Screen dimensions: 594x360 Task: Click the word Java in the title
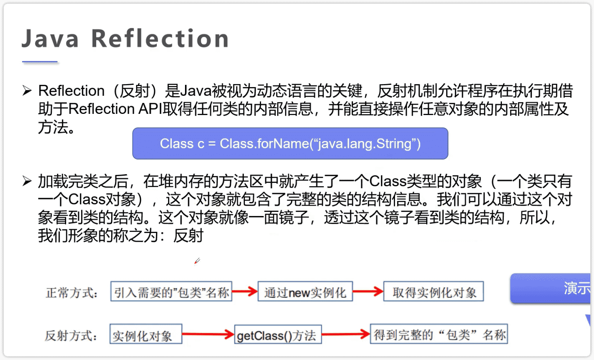pos(50,39)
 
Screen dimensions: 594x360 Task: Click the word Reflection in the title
pos(160,39)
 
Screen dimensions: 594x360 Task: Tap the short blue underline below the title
pos(40,62)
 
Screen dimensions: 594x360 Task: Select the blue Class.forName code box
pos(290,144)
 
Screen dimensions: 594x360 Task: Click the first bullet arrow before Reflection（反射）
pos(27,90)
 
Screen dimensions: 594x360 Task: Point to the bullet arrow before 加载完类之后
pos(27,181)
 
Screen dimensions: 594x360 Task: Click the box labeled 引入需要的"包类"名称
pos(171,292)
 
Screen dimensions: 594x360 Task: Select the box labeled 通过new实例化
pos(305,292)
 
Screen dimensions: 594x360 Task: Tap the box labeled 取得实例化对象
pos(434,292)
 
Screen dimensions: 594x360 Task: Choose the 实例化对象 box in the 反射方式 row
pos(146,334)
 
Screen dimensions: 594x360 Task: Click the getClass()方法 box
pos(278,334)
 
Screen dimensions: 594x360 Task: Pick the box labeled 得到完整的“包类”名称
pos(439,334)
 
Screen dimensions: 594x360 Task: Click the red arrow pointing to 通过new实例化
pos(245,292)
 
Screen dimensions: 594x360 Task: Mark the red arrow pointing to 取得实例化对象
pos(368,292)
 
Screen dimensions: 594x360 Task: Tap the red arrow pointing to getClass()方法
pos(208,334)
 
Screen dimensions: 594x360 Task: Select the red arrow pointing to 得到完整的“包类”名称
pos(346,334)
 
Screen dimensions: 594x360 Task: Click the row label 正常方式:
pos(72,293)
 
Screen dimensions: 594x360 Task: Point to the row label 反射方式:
pos(71,335)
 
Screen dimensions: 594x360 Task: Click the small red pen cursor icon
pos(197,261)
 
